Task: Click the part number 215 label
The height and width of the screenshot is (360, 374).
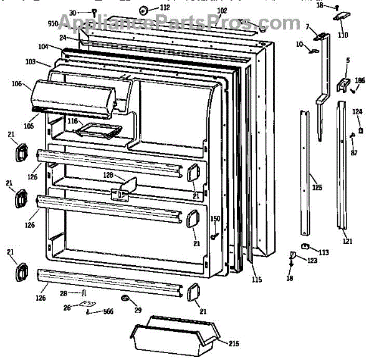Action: [233, 344]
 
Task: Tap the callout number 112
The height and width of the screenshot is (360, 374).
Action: [165, 7]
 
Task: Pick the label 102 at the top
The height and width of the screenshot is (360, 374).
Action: [222, 11]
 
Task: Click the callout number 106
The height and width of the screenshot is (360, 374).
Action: [17, 84]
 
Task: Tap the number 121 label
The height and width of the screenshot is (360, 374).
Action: [347, 241]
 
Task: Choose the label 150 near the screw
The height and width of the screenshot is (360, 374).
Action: [215, 218]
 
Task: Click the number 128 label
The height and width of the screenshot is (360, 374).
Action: [108, 175]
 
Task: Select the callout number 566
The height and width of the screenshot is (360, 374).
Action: [108, 311]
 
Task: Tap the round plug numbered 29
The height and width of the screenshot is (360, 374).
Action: [128, 301]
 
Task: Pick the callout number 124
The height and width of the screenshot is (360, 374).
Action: [357, 112]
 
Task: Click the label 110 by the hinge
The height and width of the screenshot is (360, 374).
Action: [343, 35]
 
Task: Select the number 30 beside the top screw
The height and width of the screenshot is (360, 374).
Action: [72, 12]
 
